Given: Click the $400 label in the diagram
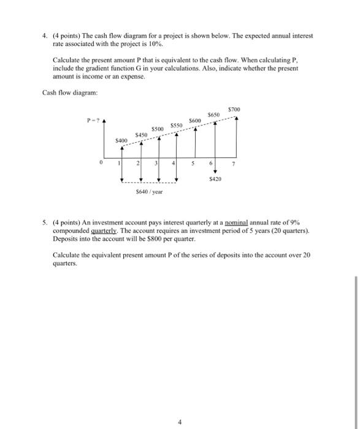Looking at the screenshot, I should [121, 141].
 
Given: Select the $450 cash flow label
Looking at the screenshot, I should [142, 135].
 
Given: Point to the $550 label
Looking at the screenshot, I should [177, 124].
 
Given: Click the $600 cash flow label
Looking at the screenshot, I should [196, 120].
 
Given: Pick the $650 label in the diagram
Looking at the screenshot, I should [214, 115].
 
